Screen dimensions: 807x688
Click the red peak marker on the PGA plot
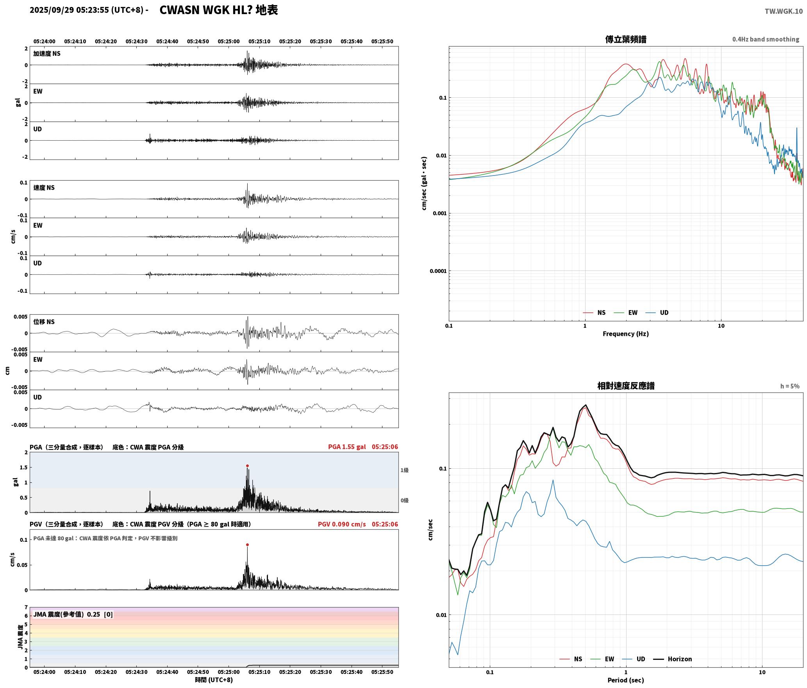[x=247, y=466]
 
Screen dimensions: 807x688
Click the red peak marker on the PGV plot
[x=247, y=545]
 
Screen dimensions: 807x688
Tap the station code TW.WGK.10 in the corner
[x=784, y=11]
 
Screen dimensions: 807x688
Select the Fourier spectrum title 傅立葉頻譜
[x=625, y=39]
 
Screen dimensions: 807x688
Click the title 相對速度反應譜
[x=626, y=385]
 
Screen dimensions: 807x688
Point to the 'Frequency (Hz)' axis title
[x=625, y=333]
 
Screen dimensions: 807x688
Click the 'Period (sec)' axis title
[x=625, y=680]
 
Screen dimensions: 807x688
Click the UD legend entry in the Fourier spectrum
[x=657, y=312]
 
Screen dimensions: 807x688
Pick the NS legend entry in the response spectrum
[x=571, y=659]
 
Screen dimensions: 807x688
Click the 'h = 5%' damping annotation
[x=790, y=386]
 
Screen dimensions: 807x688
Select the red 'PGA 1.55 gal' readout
[x=347, y=446]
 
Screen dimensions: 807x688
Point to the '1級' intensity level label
[x=404, y=470]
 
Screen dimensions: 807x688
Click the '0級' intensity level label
[x=404, y=500]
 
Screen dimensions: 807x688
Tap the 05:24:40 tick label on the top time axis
[x=167, y=41]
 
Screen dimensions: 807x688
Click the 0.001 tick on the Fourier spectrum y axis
[x=439, y=213]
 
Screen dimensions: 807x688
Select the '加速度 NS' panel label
[x=47, y=54]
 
